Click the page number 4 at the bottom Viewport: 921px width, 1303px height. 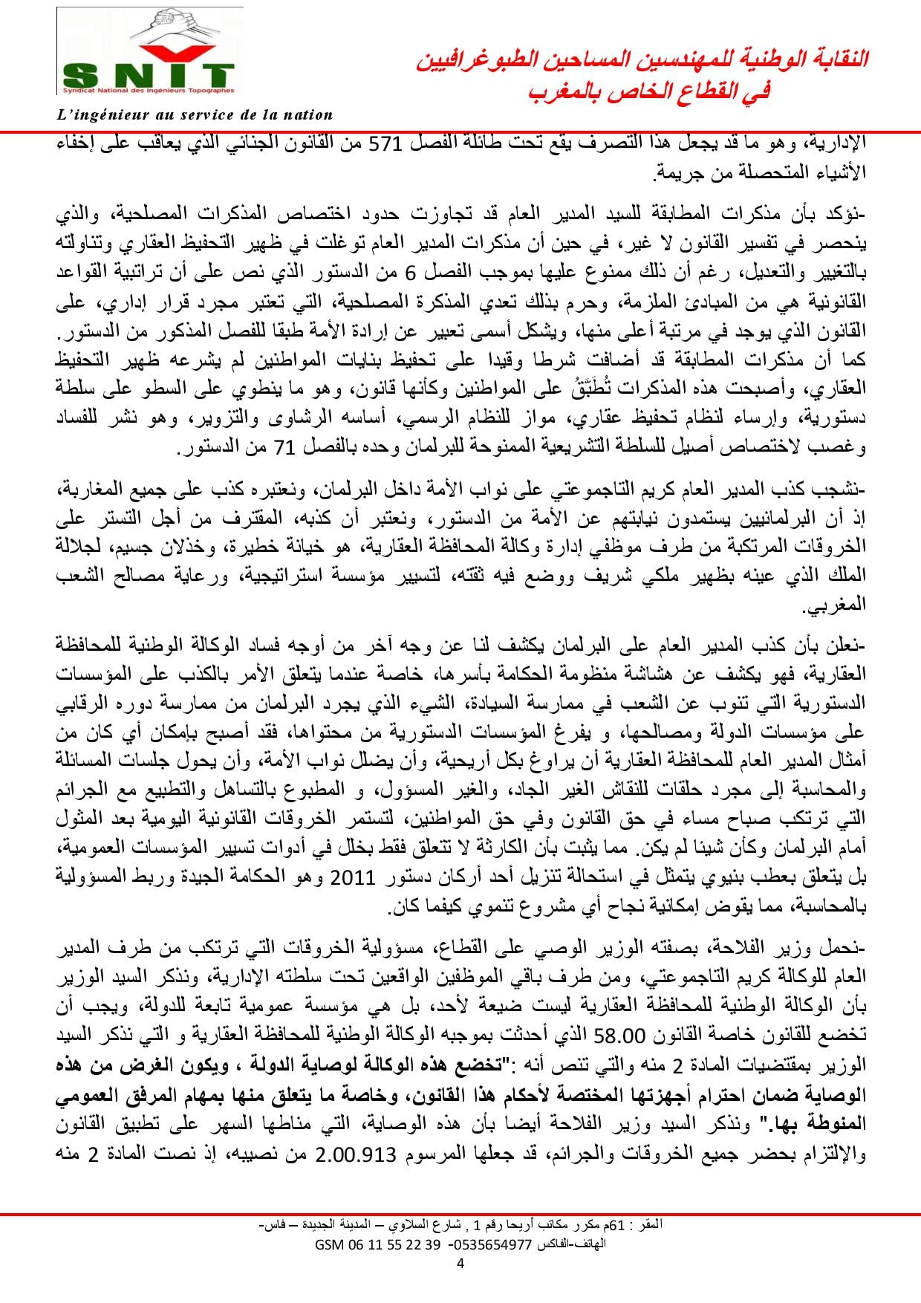(x=460, y=1265)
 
